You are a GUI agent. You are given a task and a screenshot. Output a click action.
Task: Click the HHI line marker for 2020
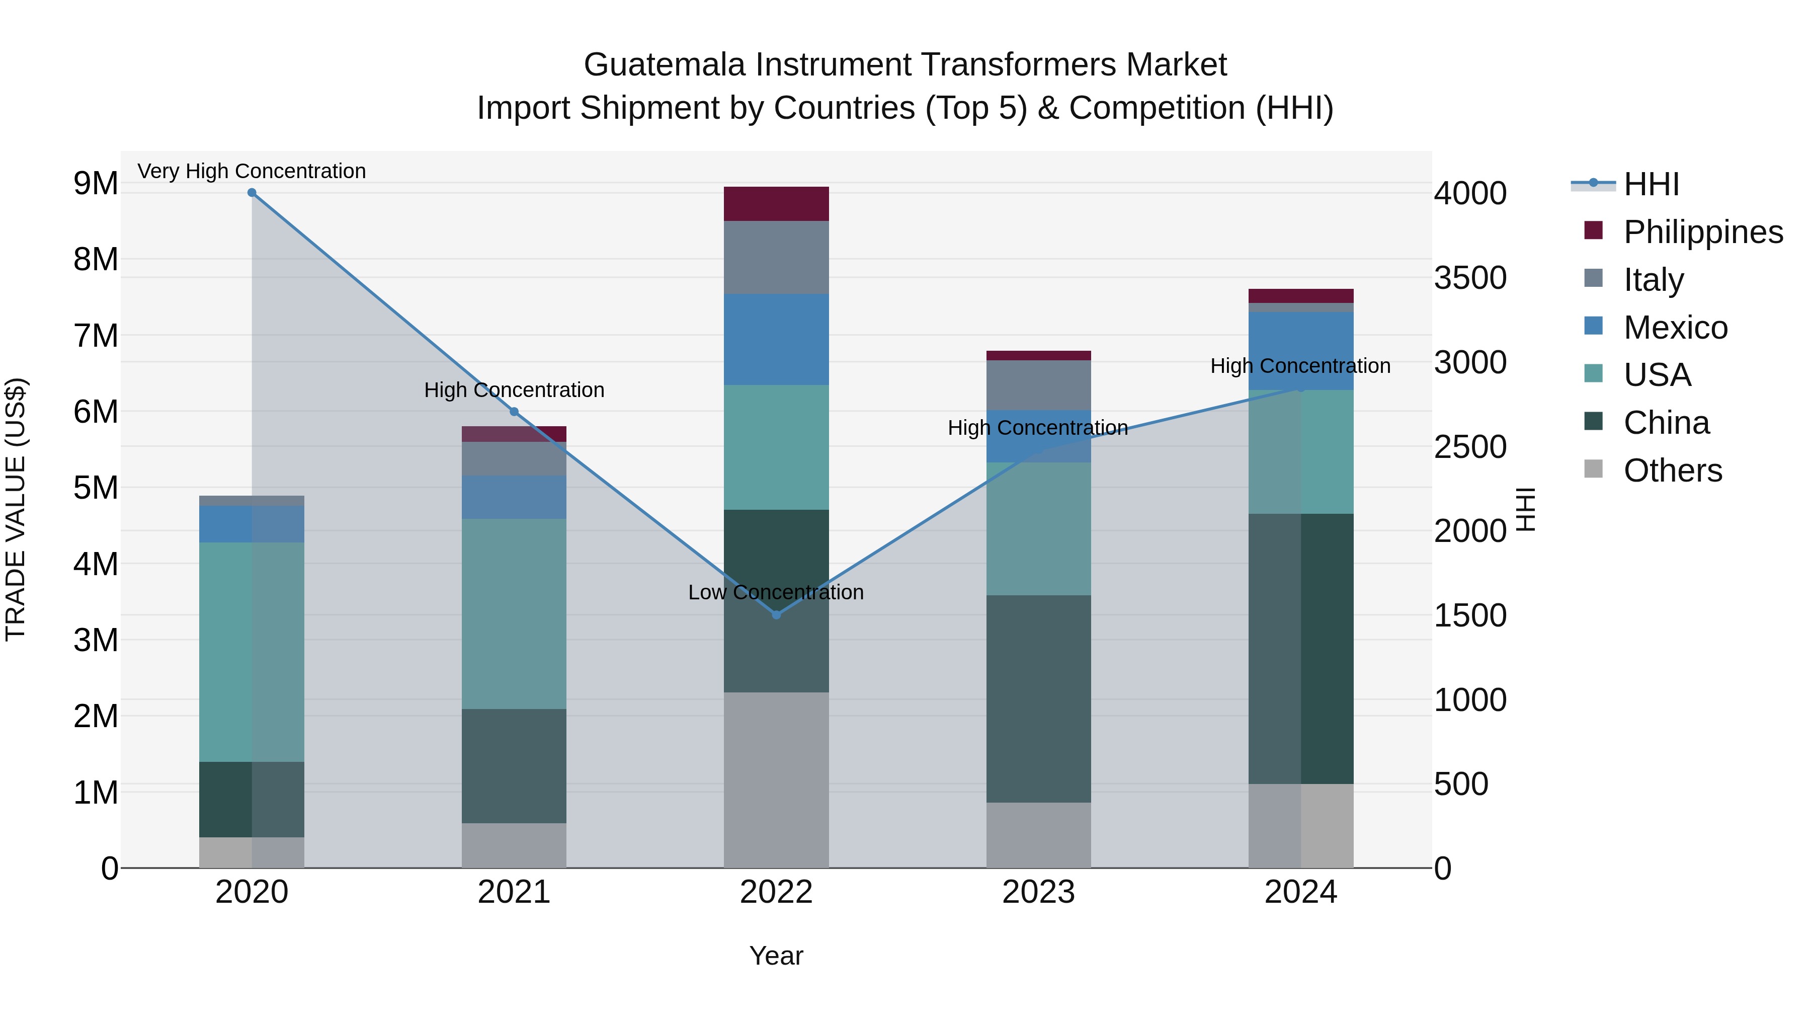pos(252,193)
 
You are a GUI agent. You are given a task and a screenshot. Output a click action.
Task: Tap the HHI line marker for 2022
pos(776,614)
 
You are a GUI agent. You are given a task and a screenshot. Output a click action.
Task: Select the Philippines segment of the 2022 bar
pos(776,204)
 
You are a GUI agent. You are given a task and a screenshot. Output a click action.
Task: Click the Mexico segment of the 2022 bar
pos(776,339)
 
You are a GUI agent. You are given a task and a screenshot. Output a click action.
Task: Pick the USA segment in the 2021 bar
pos(514,613)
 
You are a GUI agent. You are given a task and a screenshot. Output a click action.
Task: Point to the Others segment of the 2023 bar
pos(1038,835)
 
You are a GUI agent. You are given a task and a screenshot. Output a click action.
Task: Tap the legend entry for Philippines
pos(1702,231)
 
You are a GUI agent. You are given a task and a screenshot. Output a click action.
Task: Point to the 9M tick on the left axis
pos(96,184)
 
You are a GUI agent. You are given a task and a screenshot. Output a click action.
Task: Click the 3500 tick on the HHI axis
pos(1470,278)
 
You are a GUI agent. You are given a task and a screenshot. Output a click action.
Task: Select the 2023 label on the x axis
pos(1038,892)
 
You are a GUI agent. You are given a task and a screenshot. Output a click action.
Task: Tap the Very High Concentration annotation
pos(252,171)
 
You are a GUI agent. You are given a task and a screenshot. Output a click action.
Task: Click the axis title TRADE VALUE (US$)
pos(16,509)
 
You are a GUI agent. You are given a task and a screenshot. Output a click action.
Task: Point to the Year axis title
pos(776,956)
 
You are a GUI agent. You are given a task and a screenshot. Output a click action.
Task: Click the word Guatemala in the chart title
pos(665,65)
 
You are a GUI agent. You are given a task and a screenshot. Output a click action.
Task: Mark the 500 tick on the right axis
pos(1461,784)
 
